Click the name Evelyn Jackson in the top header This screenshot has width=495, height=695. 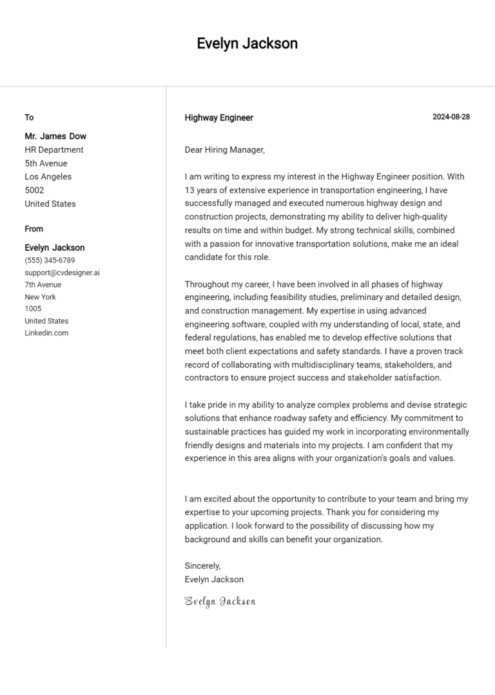[247, 44]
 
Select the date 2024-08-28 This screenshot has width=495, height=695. [451, 117]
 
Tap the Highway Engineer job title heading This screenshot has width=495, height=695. [218, 118]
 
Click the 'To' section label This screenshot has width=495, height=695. [29, 117]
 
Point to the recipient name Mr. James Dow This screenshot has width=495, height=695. [55, 136]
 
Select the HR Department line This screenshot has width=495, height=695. [54, 150]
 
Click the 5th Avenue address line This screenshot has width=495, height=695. [46, 163]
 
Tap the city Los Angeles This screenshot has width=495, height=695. [48, 177]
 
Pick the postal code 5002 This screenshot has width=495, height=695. [34, 190]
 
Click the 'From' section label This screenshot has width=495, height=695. [34, 229]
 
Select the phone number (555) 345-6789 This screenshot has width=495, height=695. [50, 260]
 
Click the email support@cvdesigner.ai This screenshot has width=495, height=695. [62, 273]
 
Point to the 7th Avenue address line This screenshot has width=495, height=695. [43, 285]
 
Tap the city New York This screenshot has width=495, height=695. [40, 297]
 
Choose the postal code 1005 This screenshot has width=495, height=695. [33, 309]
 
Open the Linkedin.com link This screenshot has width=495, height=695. [46, 333]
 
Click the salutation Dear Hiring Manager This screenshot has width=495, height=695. [224, 150]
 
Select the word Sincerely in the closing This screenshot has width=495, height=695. [202, 566]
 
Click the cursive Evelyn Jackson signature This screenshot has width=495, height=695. [220, 602]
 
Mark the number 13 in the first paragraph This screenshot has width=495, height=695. [189, 190]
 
